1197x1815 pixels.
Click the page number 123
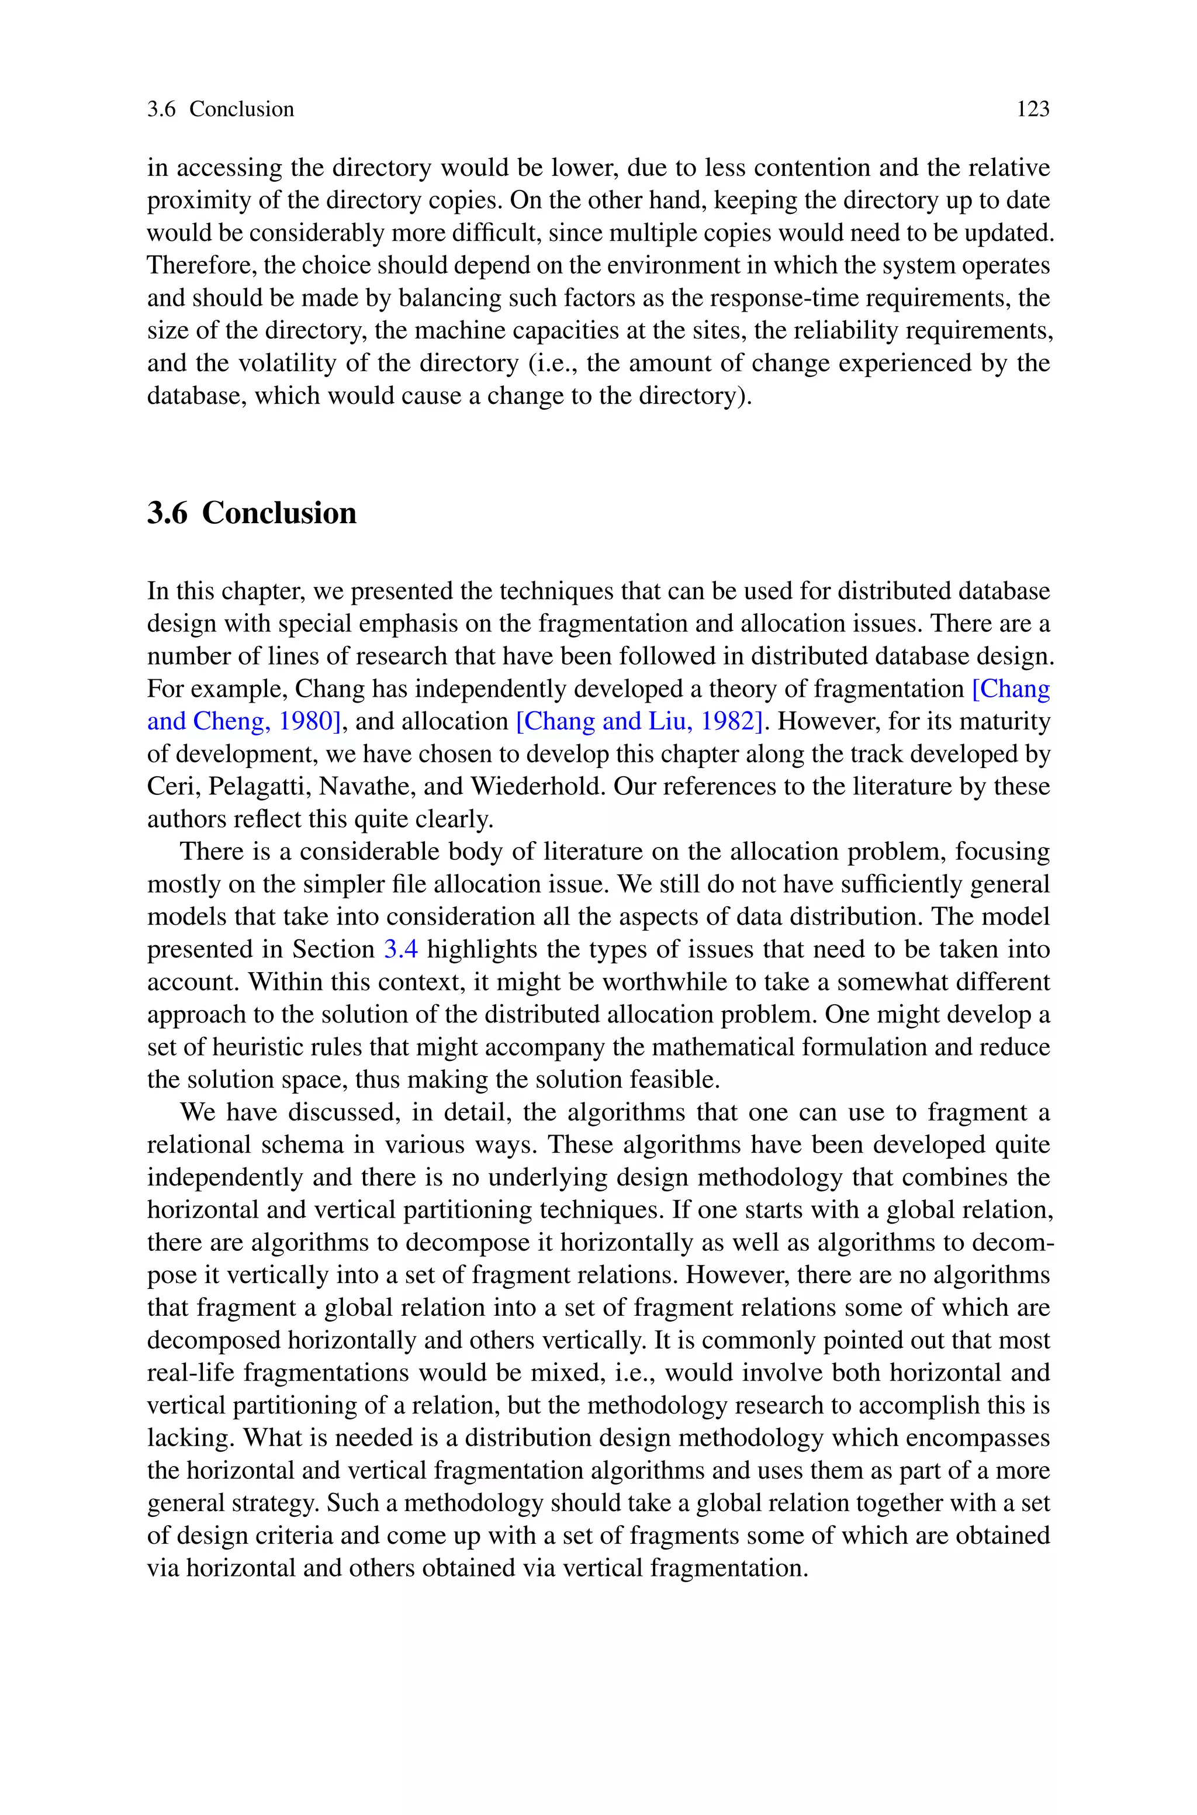1033,109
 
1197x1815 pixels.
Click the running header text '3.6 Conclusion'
220,109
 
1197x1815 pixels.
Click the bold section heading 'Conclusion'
279,513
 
